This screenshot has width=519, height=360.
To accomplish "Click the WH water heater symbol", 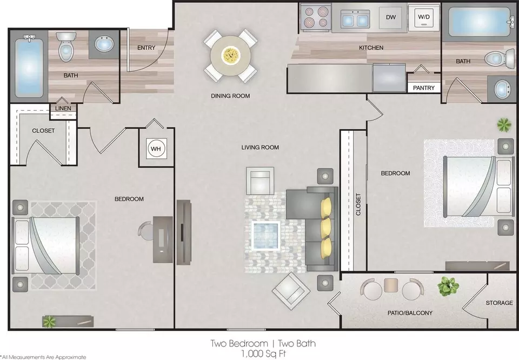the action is coord(156,149).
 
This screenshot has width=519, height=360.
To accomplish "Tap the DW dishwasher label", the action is coord(391,17).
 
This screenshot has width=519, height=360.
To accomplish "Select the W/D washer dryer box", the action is coord(424,17).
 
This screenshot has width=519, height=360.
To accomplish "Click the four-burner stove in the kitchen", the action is coord(316,17).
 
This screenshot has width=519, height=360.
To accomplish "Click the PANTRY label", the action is coord(424,88).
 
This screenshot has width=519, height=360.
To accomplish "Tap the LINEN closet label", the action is coord(63,108).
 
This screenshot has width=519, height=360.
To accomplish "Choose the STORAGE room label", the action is coord(499,303).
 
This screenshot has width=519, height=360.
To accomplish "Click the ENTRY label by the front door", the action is coord(147,48).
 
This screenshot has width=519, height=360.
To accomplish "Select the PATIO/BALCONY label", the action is coord(410,312).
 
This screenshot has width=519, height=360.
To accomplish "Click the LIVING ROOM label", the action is coord(260,147).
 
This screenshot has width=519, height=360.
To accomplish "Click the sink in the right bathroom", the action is coord(502,89).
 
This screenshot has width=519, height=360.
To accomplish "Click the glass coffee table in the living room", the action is coord(266,235).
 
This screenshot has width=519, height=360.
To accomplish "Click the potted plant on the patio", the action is coord(448,286).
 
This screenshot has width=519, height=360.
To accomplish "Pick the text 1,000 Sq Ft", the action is coord(263,354).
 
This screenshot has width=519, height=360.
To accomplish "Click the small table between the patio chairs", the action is coord(391,285).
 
